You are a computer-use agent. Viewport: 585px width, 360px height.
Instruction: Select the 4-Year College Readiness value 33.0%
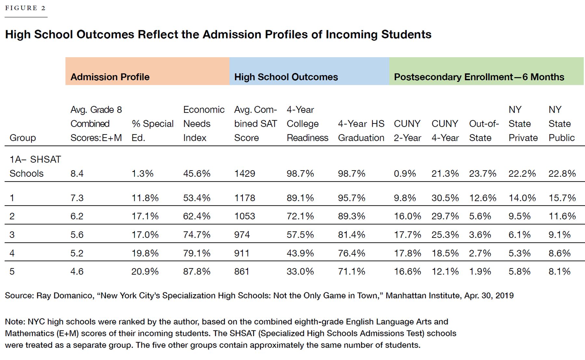pyautogui.click(x=300, y=271)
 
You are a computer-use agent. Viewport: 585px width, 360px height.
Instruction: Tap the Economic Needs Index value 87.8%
pyautogui.click(x=197, y=271)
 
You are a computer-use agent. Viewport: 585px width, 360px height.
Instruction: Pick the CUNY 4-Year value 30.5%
pyautogui.click(x=445, y=198)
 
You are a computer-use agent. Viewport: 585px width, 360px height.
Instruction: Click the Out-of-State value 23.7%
pyautogui.click(x=483, y=174)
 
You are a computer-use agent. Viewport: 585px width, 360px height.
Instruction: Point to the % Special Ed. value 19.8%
pyautogui.click(x=145, y=253)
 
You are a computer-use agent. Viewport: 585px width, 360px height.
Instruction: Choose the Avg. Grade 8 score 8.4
pyautogui.click(x=77, y=174)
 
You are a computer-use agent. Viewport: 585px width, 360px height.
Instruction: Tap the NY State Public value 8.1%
pyautogui.click(x=559, y=271)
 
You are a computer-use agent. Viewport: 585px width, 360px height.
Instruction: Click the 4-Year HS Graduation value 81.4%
pyautogui.click(x=351, y=235)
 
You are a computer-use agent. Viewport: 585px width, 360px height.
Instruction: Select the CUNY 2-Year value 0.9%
pyautogui.click(x=405, y=174)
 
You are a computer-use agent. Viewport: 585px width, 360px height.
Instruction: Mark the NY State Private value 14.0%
pyautogui.click(x=522, y=198)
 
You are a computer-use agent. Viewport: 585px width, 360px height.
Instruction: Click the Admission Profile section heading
pyautogui.click(x=110, y=77)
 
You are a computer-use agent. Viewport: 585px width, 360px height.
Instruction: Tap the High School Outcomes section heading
pyautogui.click(x=286, y=77)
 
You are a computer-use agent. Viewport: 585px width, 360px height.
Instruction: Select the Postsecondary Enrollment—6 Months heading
pyautogui.click(x=479, y=77)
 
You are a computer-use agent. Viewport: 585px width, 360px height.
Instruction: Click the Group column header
pyautogui.click(x=23, y=138)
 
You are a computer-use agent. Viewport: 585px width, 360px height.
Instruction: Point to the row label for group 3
pyautogui.click(x=12, y=235)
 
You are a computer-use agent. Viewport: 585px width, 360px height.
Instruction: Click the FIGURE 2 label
pyautogui.click(x=25, y=8)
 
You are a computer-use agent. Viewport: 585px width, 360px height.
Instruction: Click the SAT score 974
pyautogui.click(x=242, y=235)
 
